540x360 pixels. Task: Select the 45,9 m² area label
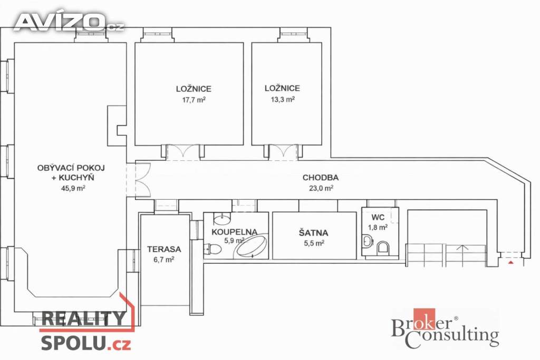73,188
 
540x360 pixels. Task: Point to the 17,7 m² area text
194,100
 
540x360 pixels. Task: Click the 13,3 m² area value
283,100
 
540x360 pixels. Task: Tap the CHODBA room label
320,178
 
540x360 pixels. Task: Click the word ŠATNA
313,232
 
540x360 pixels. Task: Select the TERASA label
164,249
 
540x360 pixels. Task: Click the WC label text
378,218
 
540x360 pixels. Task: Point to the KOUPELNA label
234,231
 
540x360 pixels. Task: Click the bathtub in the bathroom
251,246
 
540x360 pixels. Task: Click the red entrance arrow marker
511,262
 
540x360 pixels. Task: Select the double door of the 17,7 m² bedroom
183,152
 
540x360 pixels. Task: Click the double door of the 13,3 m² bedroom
283,152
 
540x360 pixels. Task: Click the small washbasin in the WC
367,241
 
